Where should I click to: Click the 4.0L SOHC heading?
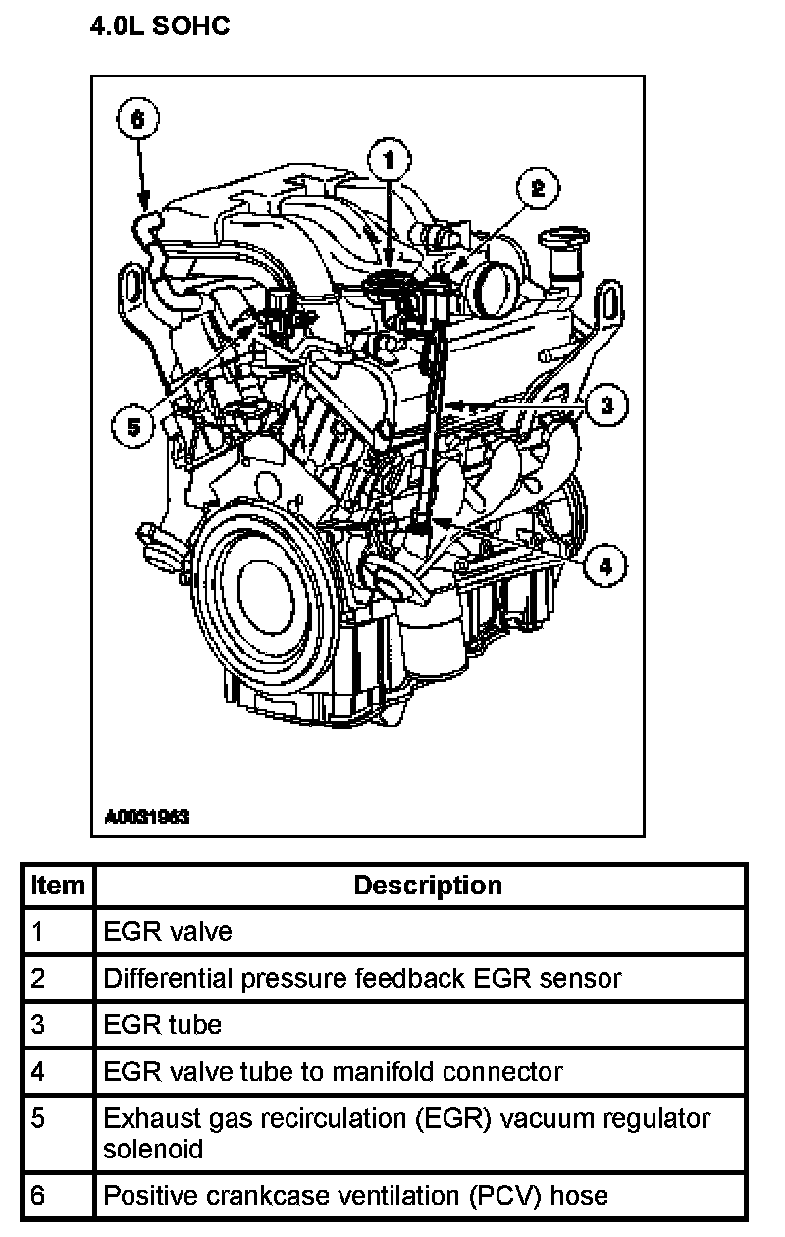click(160, 26)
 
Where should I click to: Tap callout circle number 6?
click(137, 119)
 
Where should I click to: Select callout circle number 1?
click(390, 160)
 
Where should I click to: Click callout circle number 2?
click(538, 188)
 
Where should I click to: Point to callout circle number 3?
click(606, 405)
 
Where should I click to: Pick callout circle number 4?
click(605, 566)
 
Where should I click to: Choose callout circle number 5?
click(133, 427)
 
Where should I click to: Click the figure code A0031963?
click(147, 816)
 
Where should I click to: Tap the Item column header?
click(58, 886)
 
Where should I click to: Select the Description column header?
click(428, 886)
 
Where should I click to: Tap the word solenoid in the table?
click(153, 1150)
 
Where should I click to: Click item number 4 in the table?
click(37, 1072)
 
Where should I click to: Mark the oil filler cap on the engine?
click(563, 237)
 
